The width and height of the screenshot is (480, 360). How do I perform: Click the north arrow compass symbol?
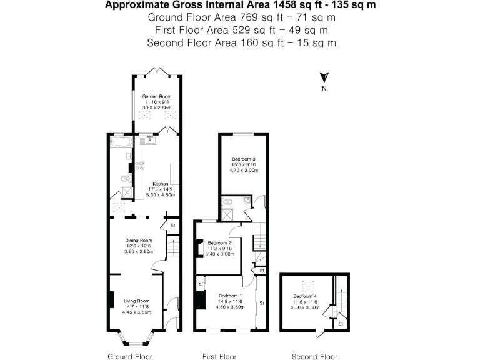point(324,77)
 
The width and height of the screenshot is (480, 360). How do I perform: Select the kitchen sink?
point(151,139)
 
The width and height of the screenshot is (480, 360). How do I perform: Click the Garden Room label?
point(156,96)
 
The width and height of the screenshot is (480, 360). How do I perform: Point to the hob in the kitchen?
point(140,166)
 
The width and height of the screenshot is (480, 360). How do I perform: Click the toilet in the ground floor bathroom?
point(126,181)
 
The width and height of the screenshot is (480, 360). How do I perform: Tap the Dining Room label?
point(139,240)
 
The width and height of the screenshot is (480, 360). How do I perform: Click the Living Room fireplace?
point(111,301)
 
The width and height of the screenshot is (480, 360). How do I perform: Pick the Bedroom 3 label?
point(244,159)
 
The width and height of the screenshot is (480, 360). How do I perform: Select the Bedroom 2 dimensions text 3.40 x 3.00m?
point(220,254)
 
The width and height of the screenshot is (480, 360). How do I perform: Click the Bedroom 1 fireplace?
point(200,301)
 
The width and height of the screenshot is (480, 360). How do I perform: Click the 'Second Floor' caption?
point(314,356)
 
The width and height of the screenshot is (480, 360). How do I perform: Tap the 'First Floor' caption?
point(219,356)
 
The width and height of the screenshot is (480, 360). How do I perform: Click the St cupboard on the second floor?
point(341,324)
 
